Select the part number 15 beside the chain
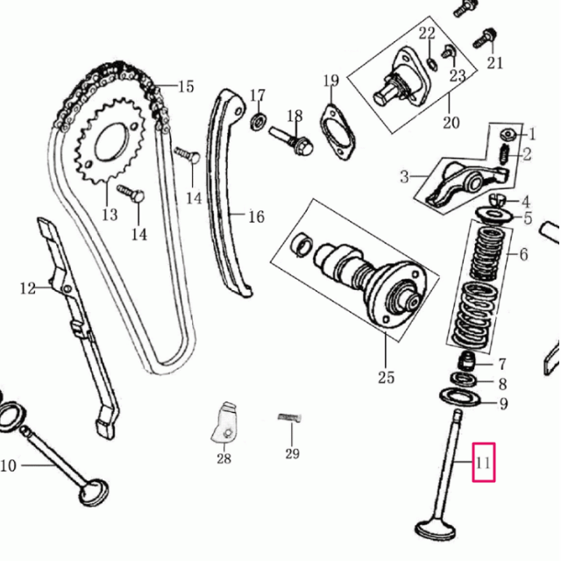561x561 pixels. [186, 86]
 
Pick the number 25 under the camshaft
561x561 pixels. [386, 378]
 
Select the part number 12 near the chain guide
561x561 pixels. [28, 287]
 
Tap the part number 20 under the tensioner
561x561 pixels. [451, 123]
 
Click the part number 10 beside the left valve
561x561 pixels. [8, 465]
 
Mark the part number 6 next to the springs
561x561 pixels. [523, 255]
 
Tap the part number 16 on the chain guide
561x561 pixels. [255, 217]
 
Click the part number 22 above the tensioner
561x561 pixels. [427, 34]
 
